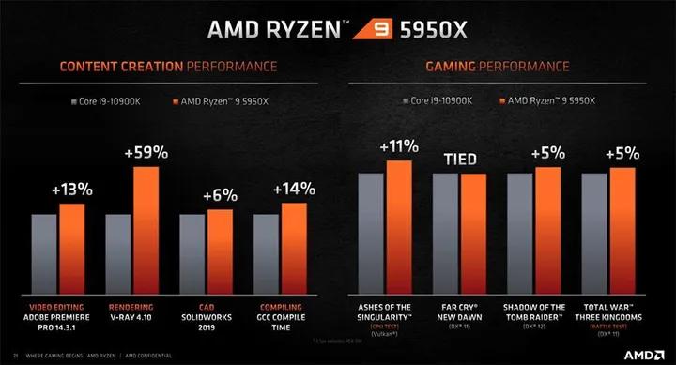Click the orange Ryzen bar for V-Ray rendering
pos(146,229)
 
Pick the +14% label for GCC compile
pos(294,189)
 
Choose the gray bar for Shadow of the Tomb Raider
pos(520,232)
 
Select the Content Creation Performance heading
pos(168,67)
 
